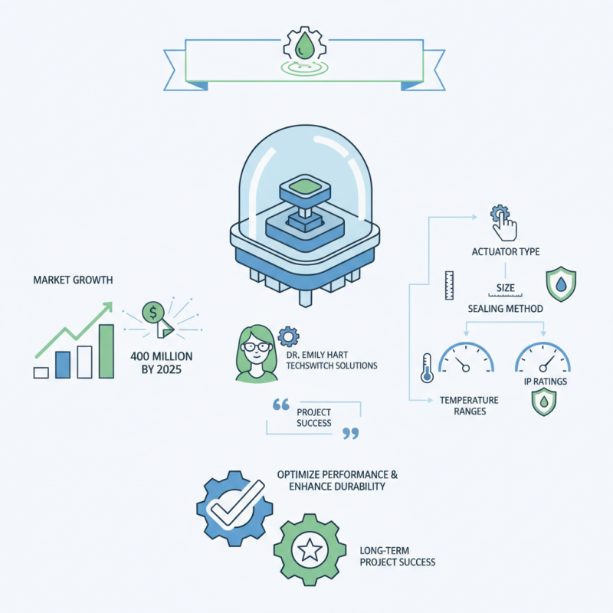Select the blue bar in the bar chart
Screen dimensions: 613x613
pyautogui.click(x=63, y=364)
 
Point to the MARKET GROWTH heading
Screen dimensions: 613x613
pyautogui.click(x=73, y=280)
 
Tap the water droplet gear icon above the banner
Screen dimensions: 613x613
pyautogui.click(x=304, y=44)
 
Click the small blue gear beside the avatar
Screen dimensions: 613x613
pyautogui.click(x=288, y=335)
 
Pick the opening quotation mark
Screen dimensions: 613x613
pyautogui.click(x=280, y=405)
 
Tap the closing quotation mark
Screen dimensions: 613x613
pyautogui.click(x=349, y=434)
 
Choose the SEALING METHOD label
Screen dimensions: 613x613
pyautogui.click(x=505, y=308)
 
